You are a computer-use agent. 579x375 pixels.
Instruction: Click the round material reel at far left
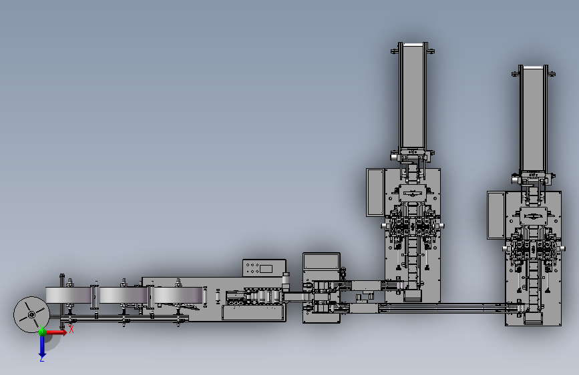[x=31, y=314]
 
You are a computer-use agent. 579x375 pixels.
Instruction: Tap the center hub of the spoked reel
[x=31, y=314]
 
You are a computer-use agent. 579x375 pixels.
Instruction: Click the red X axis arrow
[x=55, y=332]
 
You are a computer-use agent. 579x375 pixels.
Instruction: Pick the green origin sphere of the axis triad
[x=43, y=332]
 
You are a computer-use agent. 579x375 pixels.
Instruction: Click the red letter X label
[x=71, y=329]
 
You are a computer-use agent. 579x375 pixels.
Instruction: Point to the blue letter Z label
[x=41, y=359]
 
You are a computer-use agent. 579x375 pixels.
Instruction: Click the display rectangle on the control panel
[x=266, y=268]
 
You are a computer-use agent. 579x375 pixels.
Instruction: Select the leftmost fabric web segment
[x=68, y=296]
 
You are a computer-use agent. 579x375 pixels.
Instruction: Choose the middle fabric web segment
[x=124, y=296]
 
